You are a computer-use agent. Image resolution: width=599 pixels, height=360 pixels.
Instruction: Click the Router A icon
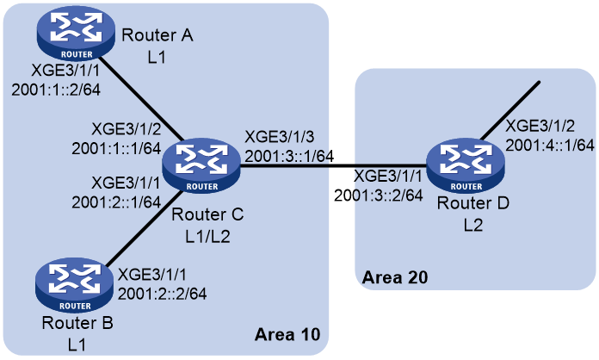(76, 34)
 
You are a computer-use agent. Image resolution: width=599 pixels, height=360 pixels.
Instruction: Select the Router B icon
(75, 285)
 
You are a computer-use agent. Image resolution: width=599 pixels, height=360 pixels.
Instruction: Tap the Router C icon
(201, 166)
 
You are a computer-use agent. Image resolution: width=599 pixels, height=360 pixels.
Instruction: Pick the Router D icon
(466, 166)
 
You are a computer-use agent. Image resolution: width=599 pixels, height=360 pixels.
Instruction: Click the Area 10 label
(287, 334)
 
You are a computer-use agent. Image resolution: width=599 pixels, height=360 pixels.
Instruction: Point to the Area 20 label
(395, 277)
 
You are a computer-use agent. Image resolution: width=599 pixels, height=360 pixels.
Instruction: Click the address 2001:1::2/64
(56, 90)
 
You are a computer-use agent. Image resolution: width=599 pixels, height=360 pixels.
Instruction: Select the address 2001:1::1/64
(116, 149)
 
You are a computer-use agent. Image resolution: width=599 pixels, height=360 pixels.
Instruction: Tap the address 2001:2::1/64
(116, 202)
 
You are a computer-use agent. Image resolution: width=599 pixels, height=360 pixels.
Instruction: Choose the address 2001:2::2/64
(163, 294)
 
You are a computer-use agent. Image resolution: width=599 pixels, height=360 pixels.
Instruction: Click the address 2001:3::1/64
(289, 156)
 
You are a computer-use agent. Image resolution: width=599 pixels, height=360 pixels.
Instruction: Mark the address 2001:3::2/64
(379, 196)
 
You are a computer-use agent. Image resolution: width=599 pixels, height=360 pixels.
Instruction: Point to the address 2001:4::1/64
(550, 146)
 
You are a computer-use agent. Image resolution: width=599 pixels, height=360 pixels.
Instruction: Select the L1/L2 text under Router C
(207, 237)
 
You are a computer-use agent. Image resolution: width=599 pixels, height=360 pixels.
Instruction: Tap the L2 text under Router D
(473, 225)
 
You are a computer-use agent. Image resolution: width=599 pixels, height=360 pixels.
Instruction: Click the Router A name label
(157, 35)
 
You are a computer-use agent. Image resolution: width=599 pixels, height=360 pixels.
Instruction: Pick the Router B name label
(77, 323)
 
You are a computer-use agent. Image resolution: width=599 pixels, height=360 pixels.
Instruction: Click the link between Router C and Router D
(334, 166)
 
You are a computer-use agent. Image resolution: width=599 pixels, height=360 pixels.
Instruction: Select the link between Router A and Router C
(141, 99)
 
